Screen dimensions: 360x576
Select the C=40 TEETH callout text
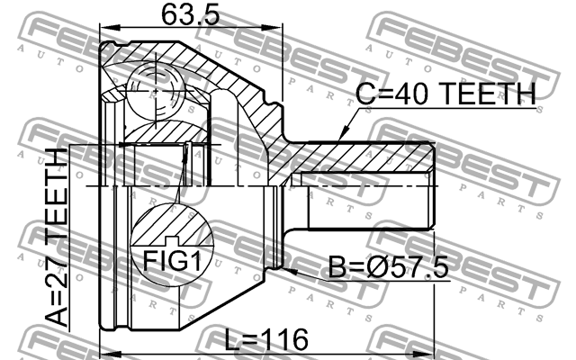pyautogui.click(x=445, y=92)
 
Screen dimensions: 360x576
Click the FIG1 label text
pyautogui.click(x=171, y=263)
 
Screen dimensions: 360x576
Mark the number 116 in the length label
pyautogui.click(x=285, y=339)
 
